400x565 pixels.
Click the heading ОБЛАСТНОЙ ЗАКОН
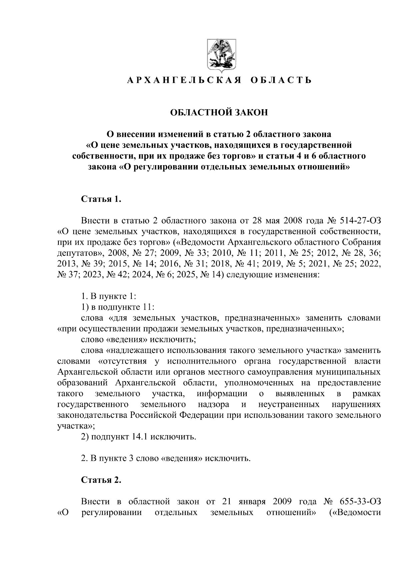(219, 113)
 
